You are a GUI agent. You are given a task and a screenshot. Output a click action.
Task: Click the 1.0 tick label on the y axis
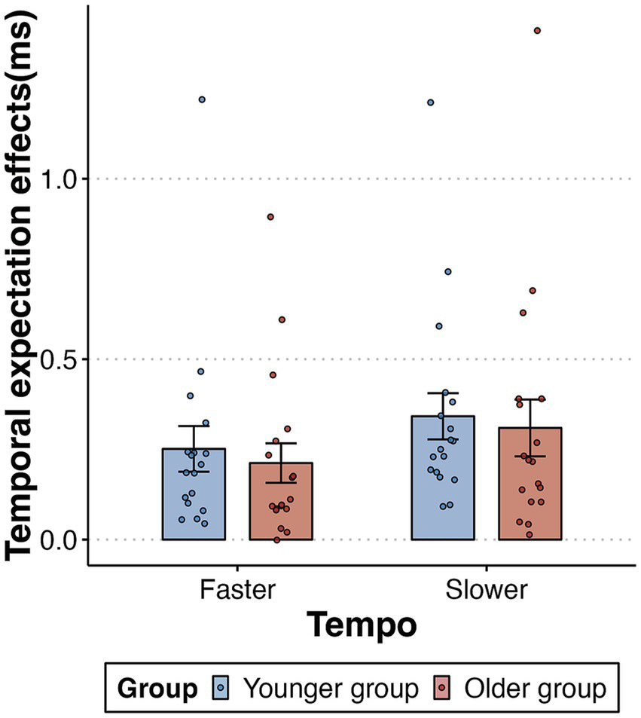(x=63, y=179)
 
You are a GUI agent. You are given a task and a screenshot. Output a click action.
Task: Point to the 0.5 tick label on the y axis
(x=63, y=359)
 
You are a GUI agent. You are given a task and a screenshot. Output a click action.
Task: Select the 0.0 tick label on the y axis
(x=63, y=539)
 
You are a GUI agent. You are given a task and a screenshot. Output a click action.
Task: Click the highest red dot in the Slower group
(x=537, y=31)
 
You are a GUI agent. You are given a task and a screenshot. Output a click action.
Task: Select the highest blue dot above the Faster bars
(x=202, y=99)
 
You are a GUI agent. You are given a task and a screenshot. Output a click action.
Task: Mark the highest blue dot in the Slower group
(x=431, y=102)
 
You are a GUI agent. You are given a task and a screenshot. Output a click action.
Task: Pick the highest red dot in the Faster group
(x=270, y=217)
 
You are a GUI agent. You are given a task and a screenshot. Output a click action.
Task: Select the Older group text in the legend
(x=535, y=688)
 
